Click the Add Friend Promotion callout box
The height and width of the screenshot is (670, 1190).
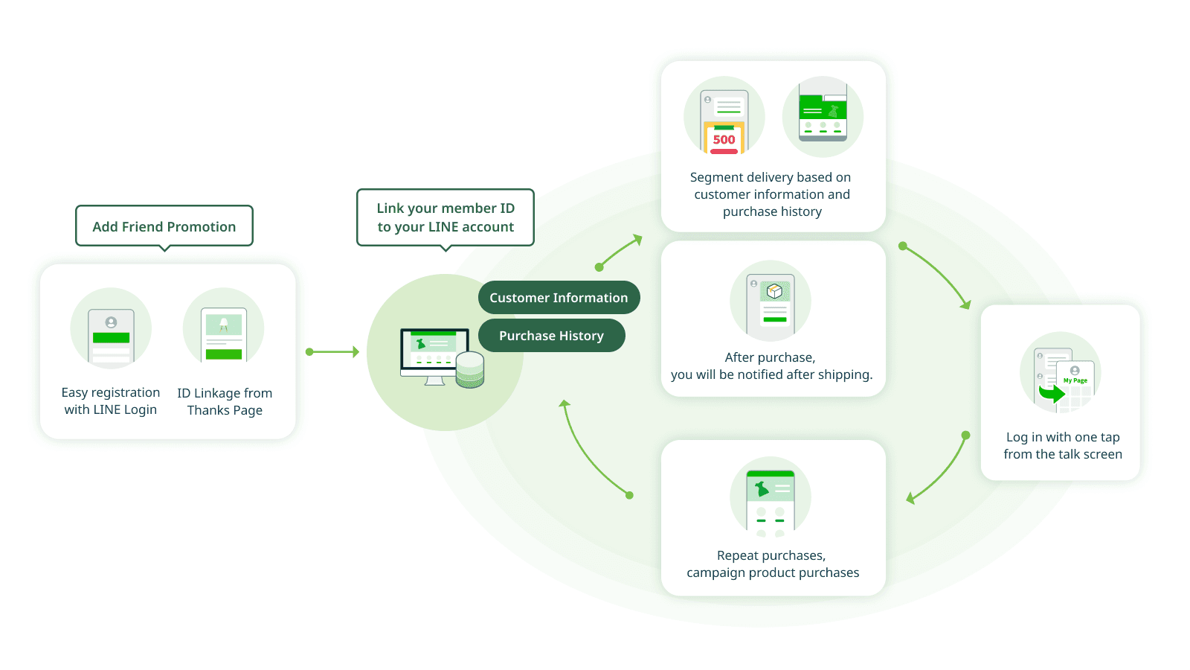click(x=164, y=226)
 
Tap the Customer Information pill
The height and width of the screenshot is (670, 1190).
click(x=559, y=298)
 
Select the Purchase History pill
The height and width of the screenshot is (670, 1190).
click(x=551, y=336)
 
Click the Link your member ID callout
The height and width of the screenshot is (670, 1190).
click(x=446, y=217)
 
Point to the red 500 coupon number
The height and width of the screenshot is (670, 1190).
click(x=724, y=139)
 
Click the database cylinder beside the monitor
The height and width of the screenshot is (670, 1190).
click(x=469, y=370)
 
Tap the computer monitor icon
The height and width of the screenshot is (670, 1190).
click(x=434, y=353)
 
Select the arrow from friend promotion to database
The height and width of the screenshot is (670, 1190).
click(x=332, y=351)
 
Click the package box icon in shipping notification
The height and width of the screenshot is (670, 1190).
click(x=774, y=291)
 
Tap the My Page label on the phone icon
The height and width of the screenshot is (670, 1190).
click(x=1075, y=380)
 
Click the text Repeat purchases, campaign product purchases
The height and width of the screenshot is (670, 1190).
click(x=772, y=564)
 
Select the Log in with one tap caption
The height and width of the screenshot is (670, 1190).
click(x=1062, y=445)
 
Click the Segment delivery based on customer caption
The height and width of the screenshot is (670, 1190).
click(x=771, y=194)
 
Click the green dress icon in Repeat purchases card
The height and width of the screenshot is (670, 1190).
click(x=762, y=489)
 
